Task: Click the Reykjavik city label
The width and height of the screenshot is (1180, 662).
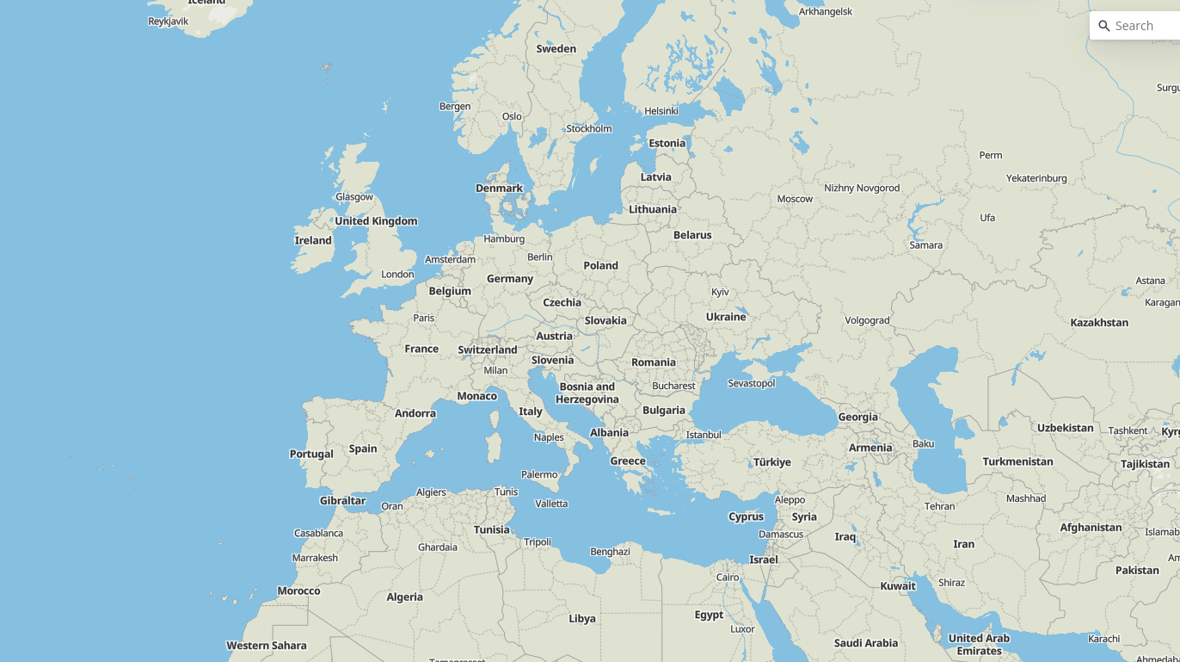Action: (x=168, y=22)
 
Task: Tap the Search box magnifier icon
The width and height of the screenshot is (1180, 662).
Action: (x=1104, y=26)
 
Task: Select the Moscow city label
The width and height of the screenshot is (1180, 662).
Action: (x=795, y=199)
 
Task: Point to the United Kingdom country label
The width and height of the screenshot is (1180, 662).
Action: (x=376, y=221)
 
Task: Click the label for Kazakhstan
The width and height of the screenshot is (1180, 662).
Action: (x=1099, y=323)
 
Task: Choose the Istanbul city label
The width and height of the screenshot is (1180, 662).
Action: (x=703, y=435)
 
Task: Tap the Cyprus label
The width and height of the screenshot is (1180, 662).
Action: (x=746, y=517)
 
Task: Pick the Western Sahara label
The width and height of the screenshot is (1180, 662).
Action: (x=266, y=646)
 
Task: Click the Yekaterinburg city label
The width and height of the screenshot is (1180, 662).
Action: (x=1036, y=178)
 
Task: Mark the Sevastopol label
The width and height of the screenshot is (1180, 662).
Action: (x=751, y=383)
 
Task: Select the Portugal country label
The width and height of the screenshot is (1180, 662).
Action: (x=311, y=455)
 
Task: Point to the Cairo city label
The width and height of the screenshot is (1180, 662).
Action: (x=728, y=578)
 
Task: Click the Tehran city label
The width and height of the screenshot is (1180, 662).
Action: (x=939, y=506)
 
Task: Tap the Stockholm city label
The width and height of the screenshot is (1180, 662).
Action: (x=588, y=129)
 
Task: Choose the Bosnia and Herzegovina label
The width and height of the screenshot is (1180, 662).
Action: (x=587, y=393)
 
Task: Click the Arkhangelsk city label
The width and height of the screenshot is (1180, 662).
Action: (x=825, y=11)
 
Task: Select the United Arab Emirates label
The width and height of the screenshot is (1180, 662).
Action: (x=979, y=644)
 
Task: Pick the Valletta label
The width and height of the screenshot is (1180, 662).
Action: (x=551, y=504)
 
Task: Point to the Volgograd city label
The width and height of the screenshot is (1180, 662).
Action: (x=867, y=320)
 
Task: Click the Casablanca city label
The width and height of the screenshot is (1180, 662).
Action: (x=318, y=534)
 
